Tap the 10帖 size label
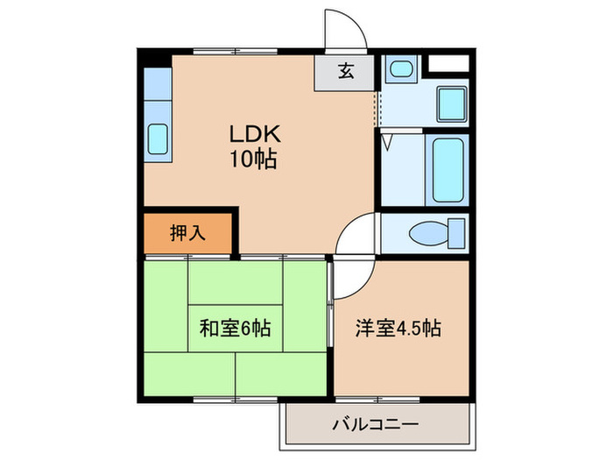pyautogui.click(x=254, y=160)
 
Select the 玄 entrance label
pyautogui.click(x=346, y=73)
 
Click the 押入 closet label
pyautogui.click(x=187, y=233)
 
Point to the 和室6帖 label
pyautogui.click(x=235, y=329)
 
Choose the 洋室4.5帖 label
pyautogui.click(x=398, y=329)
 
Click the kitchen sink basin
pyautogui.click(x=158, y=138)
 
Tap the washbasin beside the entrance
pyautogui.click(x=401, y=69)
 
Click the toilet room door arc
pyautogui.click(x=357, y=235)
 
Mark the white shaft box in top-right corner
pyautogui.click(x=450, y=63)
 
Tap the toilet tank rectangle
pyautogui.click(x=455, y=235)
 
